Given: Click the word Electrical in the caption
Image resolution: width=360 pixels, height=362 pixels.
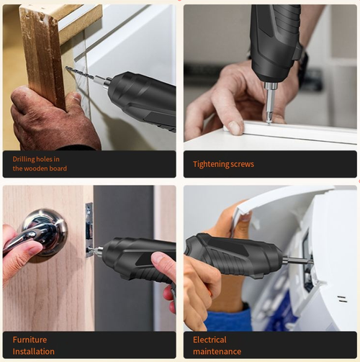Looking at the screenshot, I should (210, 340).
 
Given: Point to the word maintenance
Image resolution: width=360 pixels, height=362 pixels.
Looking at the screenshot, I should (217, 351).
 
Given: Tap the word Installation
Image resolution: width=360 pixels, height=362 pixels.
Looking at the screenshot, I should (33, 351).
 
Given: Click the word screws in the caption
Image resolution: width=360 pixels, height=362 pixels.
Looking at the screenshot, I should (241, 164).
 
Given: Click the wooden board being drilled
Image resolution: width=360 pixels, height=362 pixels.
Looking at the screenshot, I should (42, 50).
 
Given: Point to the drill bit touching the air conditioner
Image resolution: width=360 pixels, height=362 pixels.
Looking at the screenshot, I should (297, 261).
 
